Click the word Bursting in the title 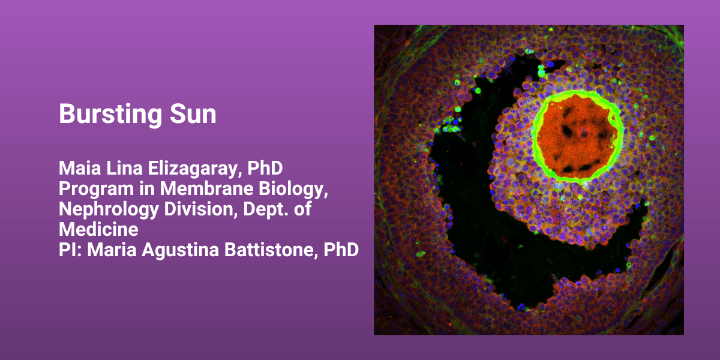point(110,115)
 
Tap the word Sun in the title point(193,114)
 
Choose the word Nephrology point(109,210)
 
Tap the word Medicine point(98,229)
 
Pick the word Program point(96,190)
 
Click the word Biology point(293,190)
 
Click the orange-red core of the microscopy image point(577,136)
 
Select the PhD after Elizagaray point(265,168)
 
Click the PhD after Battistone point(341,250)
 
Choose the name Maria point(112,250)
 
